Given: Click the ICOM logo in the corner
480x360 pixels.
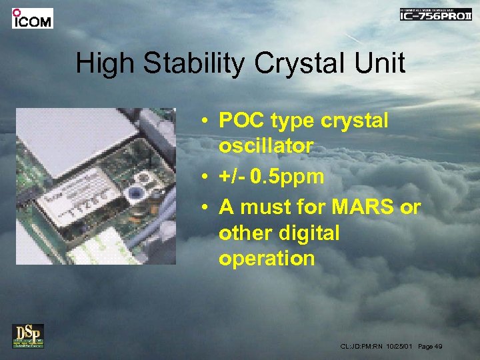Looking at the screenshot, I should pos(32,18).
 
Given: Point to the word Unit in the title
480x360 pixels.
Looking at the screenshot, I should pos(380,63).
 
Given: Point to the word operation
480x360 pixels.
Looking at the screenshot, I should pos(266,258).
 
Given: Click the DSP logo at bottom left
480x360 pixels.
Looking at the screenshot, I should pos(28,336).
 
